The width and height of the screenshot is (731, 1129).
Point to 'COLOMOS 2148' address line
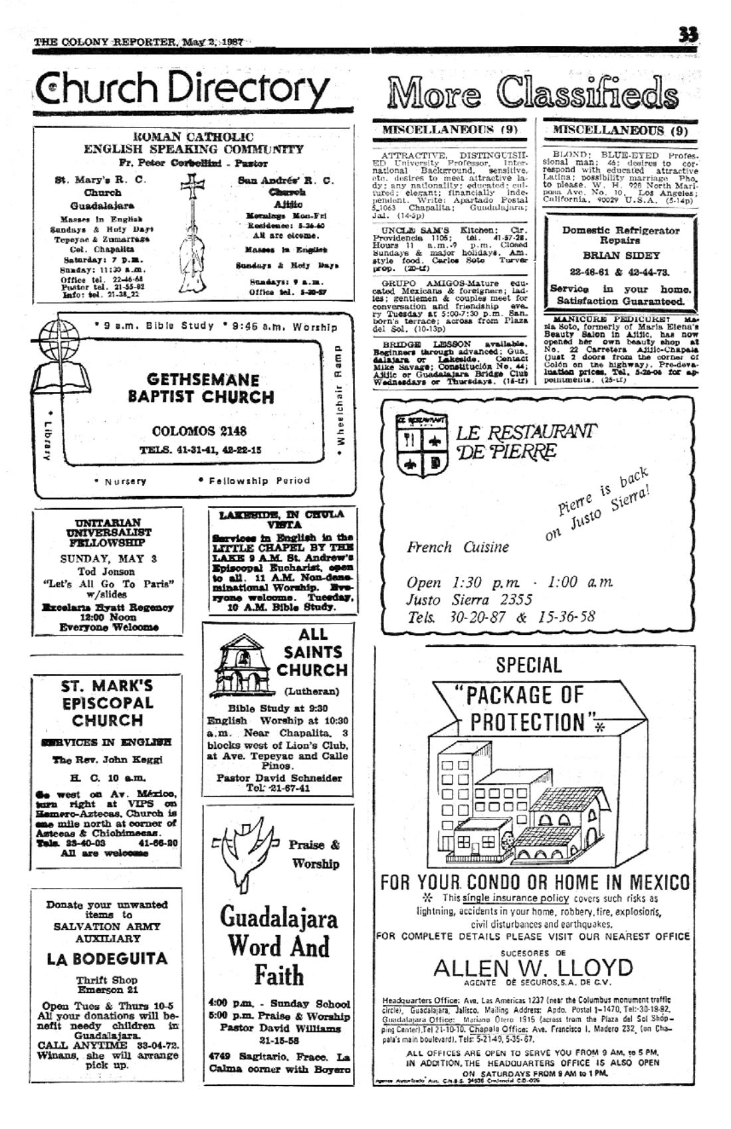(x=199, y=431)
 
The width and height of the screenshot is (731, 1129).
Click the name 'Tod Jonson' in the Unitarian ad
(x=106, y=571)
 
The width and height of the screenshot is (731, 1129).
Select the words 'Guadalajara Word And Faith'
(x=278, y=946)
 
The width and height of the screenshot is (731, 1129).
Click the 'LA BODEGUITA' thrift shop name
(x=107, y=958)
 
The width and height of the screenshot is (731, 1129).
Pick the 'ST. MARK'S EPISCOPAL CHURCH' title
(x=107, y=703)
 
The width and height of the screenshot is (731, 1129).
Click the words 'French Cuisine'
(x=458, y=547)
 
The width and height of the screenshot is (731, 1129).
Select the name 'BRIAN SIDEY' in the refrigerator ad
(x=621, y=255)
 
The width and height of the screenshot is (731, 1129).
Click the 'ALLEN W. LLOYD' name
(x=533, y=967)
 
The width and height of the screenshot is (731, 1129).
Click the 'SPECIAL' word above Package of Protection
(x=528, y=665)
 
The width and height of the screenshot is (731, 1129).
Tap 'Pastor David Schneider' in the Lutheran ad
(x=279, y=778)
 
